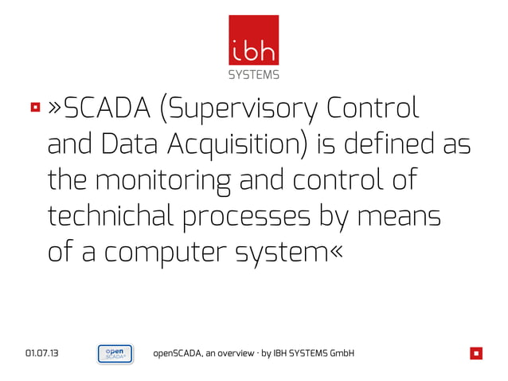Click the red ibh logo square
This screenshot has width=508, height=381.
pyautogui.click(x=254, y=40)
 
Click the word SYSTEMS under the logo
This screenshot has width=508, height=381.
pyautogui.click(x=254, y=76)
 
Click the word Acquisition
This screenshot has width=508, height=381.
pyautogui.click(x=238, y=147)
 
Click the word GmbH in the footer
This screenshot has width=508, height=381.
pyautogui.click(x=340, y=353)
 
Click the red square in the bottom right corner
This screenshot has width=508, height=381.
pyautogui.click(x=475, y=353)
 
